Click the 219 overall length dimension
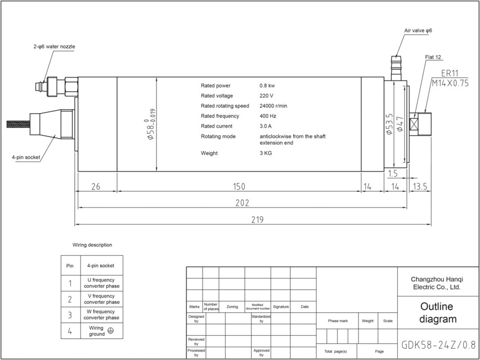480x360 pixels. (x=257, y=219)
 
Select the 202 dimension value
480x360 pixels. (x=243, y=202)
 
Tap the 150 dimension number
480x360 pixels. (x=239, y=186)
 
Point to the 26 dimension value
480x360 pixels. (x=96, y=186)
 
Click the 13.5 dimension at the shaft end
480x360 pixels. (x=421, y=186)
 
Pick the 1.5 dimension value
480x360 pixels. (x=393, y=174)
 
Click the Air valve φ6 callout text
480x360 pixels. (x=418, y=30)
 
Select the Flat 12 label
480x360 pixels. (x=433, y=57)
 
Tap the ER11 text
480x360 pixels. (x=450, y=73)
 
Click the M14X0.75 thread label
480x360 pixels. (x=450, y=83)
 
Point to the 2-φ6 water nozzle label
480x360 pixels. (x=54, y=46)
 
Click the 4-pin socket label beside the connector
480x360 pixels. (x=26, y=157)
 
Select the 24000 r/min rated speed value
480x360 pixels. (x=273, y=106)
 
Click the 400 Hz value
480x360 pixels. (x=268, y=116)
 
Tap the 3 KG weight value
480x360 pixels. (x=266, y=153)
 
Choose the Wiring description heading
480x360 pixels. (x=92, y=245)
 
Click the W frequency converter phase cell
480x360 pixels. (x=102, y=314)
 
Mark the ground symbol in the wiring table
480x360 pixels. (x=111, y=331)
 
